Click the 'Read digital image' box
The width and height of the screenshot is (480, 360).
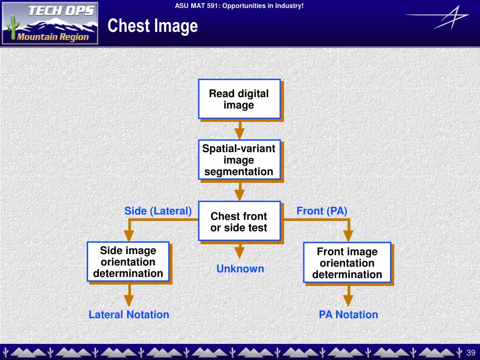pos(239,99)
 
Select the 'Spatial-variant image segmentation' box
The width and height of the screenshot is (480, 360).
pos(239,160)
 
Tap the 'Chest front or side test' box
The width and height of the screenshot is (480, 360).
pos(239,222)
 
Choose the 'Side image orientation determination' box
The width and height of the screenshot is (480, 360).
pos(128,262)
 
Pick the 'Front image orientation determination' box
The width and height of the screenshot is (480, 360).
pos(347,263)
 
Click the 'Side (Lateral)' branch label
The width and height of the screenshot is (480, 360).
pos(158,211)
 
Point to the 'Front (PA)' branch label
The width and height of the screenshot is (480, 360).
pos(322,211)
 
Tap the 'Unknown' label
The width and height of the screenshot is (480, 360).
pos(240,269)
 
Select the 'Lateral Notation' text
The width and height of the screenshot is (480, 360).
pos(129,315)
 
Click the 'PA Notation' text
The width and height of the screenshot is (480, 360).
pos(348,315)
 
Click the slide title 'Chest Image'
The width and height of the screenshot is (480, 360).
pos(152,26)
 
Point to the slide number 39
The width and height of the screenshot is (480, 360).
pos(471,352)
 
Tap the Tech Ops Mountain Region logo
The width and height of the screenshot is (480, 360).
pos(50,23)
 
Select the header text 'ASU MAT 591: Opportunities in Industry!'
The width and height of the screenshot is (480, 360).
pos(240,6)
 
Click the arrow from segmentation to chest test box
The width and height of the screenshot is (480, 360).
pos(240,191)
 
